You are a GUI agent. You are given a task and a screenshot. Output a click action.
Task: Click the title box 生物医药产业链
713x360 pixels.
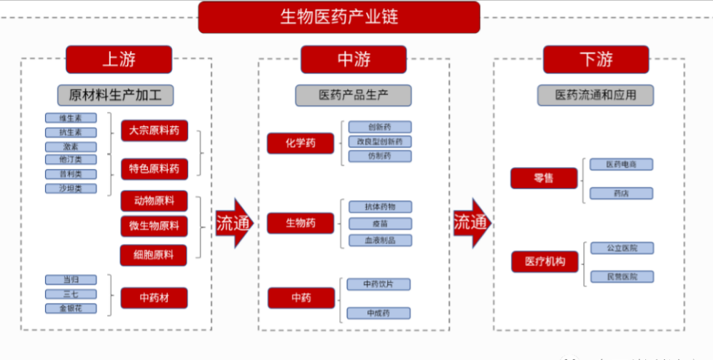(339, 17)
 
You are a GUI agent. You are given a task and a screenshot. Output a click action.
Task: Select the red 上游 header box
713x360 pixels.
(119, 60)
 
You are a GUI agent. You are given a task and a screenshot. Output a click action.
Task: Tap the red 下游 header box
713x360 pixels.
(596, 60)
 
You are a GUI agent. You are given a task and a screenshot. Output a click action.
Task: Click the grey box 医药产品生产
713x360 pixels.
(353, 95)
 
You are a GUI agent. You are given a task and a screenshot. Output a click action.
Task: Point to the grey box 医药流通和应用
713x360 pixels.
(596, 95)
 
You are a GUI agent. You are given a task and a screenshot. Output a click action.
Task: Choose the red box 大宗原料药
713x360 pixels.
(154, 131)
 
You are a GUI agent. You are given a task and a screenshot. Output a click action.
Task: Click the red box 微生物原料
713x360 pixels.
(154, 226)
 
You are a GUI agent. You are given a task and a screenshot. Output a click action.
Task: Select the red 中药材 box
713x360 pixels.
(154, 297)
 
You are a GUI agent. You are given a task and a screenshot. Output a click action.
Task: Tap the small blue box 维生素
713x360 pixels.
(71, 118)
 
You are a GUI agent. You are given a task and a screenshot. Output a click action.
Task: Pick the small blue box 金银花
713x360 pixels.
(71, 308)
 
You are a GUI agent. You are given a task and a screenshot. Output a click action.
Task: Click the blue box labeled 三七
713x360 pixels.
(71, 294)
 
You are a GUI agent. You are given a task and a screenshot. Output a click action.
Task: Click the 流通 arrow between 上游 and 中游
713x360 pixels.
(234, 223)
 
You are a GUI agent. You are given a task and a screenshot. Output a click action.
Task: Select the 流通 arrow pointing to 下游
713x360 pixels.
(472, 223)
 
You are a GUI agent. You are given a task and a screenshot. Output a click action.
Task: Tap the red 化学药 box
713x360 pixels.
(300, 144)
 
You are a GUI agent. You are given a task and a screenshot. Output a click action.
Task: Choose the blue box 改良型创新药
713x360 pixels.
(379, 141)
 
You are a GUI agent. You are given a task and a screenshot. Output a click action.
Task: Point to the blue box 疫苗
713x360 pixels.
(379, 224)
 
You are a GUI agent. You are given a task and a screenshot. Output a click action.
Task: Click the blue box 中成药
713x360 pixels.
(379, 313)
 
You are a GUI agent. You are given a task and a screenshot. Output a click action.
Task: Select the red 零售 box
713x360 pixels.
(544, 178)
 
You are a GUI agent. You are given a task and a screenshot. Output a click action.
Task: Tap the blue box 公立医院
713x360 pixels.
(621, 249)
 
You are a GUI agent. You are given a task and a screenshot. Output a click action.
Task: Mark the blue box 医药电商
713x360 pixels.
(621, 165)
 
